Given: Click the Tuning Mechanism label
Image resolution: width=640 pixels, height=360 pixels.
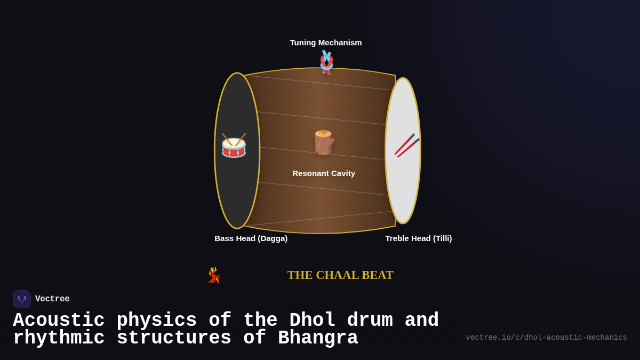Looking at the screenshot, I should (x=326, y=43).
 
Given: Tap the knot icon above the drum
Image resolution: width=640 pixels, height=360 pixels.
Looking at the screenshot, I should (x=326, y=62).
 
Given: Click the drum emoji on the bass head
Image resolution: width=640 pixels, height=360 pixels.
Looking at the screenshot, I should (x=234, y=146).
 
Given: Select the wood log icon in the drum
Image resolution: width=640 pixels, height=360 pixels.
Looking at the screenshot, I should (x=323, y=142).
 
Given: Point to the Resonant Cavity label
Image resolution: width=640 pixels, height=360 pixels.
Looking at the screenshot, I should (x=324, y=173).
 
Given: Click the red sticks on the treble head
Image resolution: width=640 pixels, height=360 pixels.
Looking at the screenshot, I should (x=406, y=145).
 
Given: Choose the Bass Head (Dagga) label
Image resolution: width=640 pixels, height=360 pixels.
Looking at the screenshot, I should (x=251, y=238).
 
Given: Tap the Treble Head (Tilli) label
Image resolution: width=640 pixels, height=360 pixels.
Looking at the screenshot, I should (x=419, y=238).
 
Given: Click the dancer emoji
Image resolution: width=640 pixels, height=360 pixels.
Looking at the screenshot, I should (x=214, y=275).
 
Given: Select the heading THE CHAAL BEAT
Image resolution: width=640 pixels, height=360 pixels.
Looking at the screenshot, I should (x=340, y=275).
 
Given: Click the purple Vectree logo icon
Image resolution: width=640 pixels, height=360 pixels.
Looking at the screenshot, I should (x=22, y=299).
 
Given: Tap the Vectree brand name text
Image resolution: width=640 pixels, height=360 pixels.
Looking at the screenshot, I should (x=52, y=299).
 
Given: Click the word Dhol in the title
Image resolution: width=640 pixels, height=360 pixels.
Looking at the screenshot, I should (x=312, y=321).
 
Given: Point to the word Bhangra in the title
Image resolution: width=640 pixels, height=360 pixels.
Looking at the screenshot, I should (x=318, y=338).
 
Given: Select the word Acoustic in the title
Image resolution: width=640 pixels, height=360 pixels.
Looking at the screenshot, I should (x=59, y=321).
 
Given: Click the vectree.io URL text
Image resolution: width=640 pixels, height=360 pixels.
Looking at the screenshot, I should (x=546, y=338).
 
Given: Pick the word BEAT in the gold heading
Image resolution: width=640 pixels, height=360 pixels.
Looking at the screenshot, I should (x=378, y=275).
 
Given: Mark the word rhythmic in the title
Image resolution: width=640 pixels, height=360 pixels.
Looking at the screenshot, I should (x=59, y=338).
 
